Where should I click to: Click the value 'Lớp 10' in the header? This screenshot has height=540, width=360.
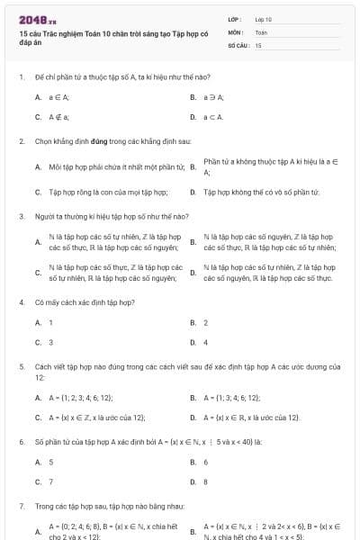263,19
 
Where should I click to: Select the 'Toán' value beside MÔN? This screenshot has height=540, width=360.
261,31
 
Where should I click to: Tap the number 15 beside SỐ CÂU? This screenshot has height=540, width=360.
258,44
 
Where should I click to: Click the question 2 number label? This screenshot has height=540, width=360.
21,141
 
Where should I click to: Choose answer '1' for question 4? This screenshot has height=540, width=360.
51,322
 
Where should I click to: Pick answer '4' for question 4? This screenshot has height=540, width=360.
206,342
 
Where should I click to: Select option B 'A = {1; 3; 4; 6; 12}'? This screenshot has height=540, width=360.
232,397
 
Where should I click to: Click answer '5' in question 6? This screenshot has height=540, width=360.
51,462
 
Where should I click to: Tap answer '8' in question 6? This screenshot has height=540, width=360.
206,481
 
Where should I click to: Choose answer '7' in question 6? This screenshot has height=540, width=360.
51,481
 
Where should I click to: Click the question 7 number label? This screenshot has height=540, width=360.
21,506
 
